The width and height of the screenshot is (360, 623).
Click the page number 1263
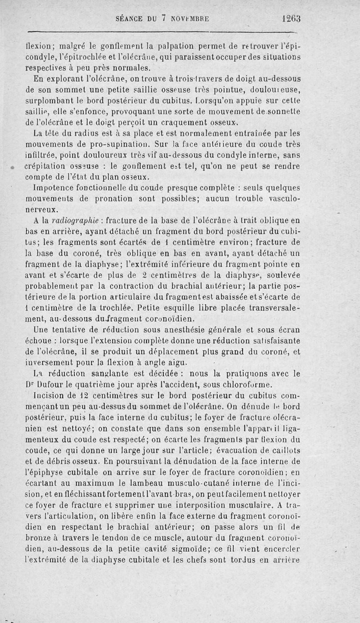click(x=292, y=19)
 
